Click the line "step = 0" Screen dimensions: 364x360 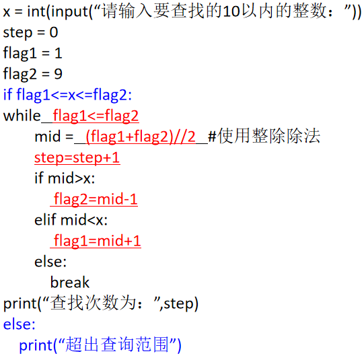click(x=30, y=33)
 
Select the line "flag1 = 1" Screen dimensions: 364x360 click(x=33, y=53)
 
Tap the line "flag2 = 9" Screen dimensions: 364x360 click(x=33, y=74)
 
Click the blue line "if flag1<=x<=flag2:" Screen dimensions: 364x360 click(x=67, y=95)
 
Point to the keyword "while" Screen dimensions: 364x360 click(x=22, y=116)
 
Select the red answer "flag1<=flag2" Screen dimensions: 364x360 click(x=96, y=116)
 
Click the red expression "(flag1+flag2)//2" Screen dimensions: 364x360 click(x=141, y=137)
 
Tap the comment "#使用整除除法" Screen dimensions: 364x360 click(x=264, y=136)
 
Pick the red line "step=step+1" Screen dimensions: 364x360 click(x=77, y=158)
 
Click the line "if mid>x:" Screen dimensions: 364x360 click(x=65, y=178)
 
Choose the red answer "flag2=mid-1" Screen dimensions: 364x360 click(x=96, y=199)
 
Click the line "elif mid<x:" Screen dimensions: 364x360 click(x=71, y=220)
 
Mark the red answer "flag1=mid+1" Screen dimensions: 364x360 click(x=98, y=241)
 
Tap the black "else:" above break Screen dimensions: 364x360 click(x=50, y=262)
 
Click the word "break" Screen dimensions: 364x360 click(x=70, y=283)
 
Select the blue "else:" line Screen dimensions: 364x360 click(x=20, y=324)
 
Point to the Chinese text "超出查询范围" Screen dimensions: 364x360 click(x=117, y=345)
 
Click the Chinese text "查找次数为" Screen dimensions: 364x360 click(x=93, y=303)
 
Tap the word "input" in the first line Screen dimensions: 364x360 click(x=71, y=12)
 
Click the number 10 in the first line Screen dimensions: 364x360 click(x=231, y=11)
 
